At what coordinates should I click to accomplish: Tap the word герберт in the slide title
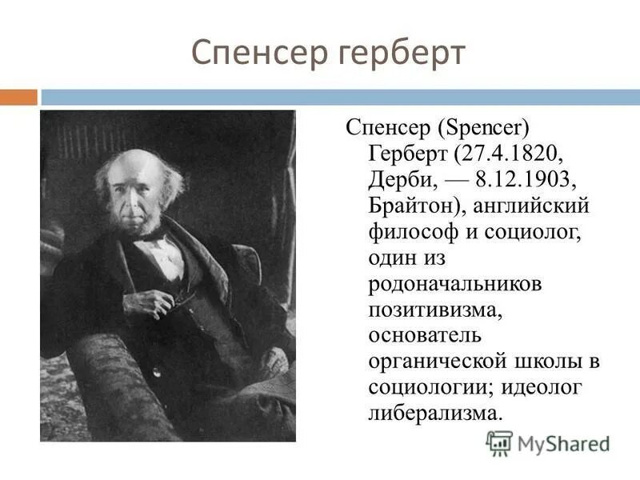click(399, 54)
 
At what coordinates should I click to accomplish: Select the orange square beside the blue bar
click(18, 98)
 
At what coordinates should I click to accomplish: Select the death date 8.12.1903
click(531, 179)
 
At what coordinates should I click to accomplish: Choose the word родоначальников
click(455, 284)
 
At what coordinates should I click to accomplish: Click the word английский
click(531, 206)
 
